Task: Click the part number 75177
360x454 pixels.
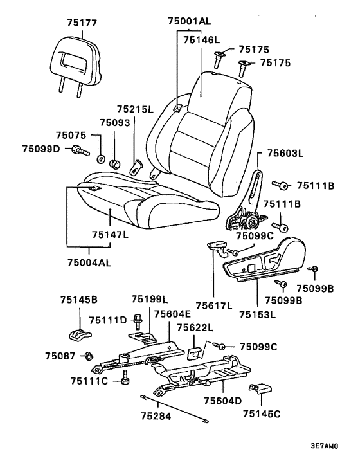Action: click(x=82, y=23)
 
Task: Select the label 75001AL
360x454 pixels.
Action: click(x=190, y=21)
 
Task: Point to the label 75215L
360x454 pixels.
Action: click(x=136, y=109)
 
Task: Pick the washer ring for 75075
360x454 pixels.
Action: click(x=101, y=159)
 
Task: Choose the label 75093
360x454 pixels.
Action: click(x=115, y=123)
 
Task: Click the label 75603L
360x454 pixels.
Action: click(x=285, y=153)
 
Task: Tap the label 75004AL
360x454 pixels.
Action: click(x=89, y=262)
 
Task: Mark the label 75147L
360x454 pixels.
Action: click(x=111, y=234)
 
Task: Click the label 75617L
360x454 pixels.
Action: click(x=214, y=305)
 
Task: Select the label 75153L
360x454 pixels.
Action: click(x=258, y=314)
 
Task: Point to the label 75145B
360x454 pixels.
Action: click(x=78, y=300)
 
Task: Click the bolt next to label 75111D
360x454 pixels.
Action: click(x=138, y=322)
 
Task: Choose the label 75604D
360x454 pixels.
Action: click(x=222, y=401)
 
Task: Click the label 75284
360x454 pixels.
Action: click(x=156, y=416)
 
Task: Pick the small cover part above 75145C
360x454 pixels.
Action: click(x=260, y=388)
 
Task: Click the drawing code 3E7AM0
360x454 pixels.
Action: click(x=324, y=446)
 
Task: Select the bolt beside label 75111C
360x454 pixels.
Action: click(x=125, y=377)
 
